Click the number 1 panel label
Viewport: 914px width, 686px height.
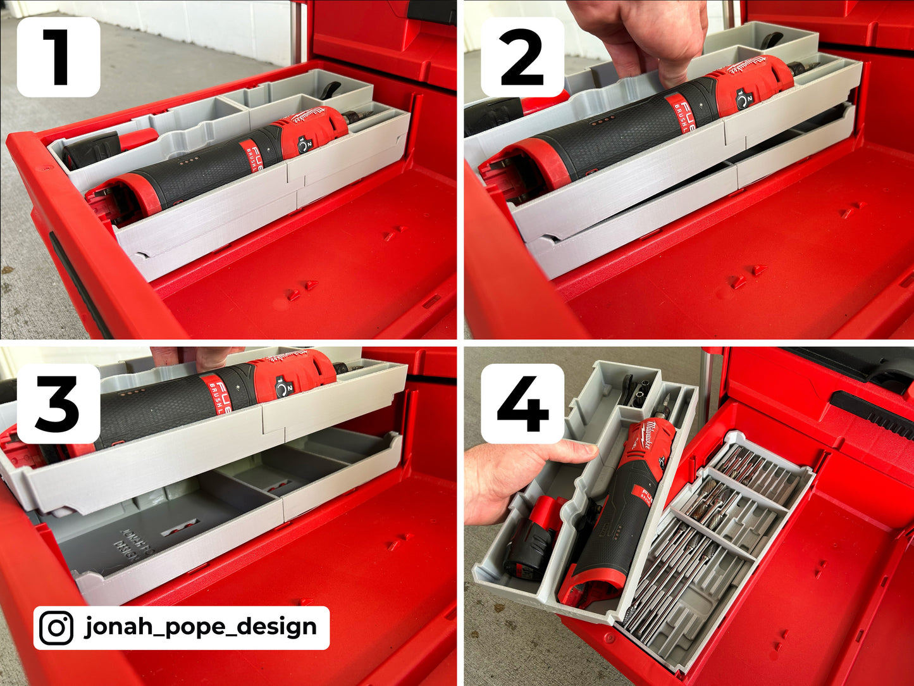(58, 57)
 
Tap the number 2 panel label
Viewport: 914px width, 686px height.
(522, 57)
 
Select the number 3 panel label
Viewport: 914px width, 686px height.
(58, 404)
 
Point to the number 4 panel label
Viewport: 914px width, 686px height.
(522, 404)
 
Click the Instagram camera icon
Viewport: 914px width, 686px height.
(56, 628)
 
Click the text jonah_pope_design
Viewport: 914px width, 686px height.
(201, 627)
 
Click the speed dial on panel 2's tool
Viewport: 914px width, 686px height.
(744, 98)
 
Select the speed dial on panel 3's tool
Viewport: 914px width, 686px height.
(282, 386)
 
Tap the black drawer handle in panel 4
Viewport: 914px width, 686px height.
(873, 415)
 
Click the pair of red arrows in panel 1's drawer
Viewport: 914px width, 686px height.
(301, 289)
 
